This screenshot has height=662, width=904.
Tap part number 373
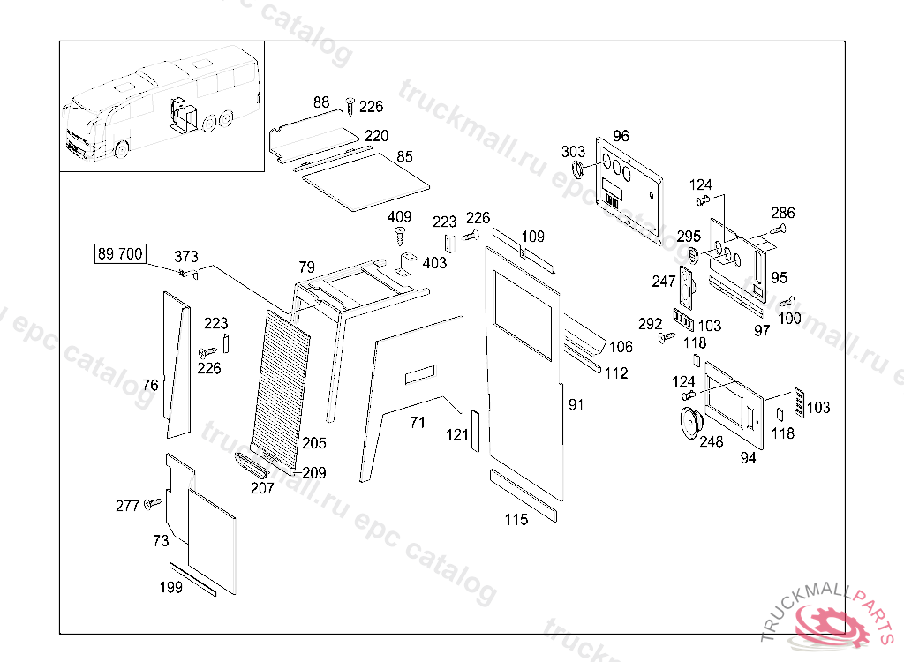[x=186, y=256]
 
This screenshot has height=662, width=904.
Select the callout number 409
[x=399, y=217]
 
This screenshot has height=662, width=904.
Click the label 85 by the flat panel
[x=404, y=157]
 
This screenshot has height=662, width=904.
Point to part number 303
[x=573, y=152]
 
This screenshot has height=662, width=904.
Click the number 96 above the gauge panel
[x=621, y=136]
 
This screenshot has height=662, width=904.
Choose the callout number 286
[x=782, y=213]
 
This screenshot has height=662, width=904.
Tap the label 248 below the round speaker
[x=711, y=441]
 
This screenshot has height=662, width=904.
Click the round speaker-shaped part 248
[x=689, y=420]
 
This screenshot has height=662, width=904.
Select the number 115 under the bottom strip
[x=516, y=519]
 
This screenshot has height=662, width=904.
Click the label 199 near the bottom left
[x=171, y=587]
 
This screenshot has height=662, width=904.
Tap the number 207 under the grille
[x=262, y=487]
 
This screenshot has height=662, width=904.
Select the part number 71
[x=417, y=423]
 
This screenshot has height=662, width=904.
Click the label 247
[x=664, y=281]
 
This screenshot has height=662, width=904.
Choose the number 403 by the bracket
[x=434, y=262]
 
